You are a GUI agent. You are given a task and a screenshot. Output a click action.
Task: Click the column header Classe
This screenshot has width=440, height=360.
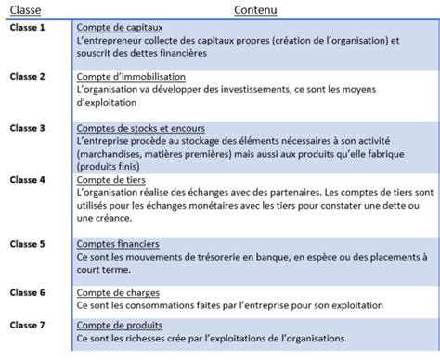point(28,11)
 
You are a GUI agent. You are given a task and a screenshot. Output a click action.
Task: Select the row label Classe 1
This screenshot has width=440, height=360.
point(28,29)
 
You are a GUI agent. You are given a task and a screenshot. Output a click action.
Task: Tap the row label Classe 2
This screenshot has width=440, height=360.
point(28,77)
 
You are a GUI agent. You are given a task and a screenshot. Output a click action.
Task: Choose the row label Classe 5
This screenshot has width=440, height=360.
point(28,244)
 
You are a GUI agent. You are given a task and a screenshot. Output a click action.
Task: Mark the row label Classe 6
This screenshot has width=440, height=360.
point(28,292)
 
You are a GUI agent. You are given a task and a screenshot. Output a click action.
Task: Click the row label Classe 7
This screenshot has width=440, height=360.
point(28,325)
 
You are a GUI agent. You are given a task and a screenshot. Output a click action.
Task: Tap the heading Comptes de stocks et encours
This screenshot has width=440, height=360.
point(141,127)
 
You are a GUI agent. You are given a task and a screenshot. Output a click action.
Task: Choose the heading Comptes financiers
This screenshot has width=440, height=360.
point(118,244)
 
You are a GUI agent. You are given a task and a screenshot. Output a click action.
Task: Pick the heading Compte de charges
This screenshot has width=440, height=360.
point(118,292)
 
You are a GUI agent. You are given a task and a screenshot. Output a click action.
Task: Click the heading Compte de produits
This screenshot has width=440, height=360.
point(120,326)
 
